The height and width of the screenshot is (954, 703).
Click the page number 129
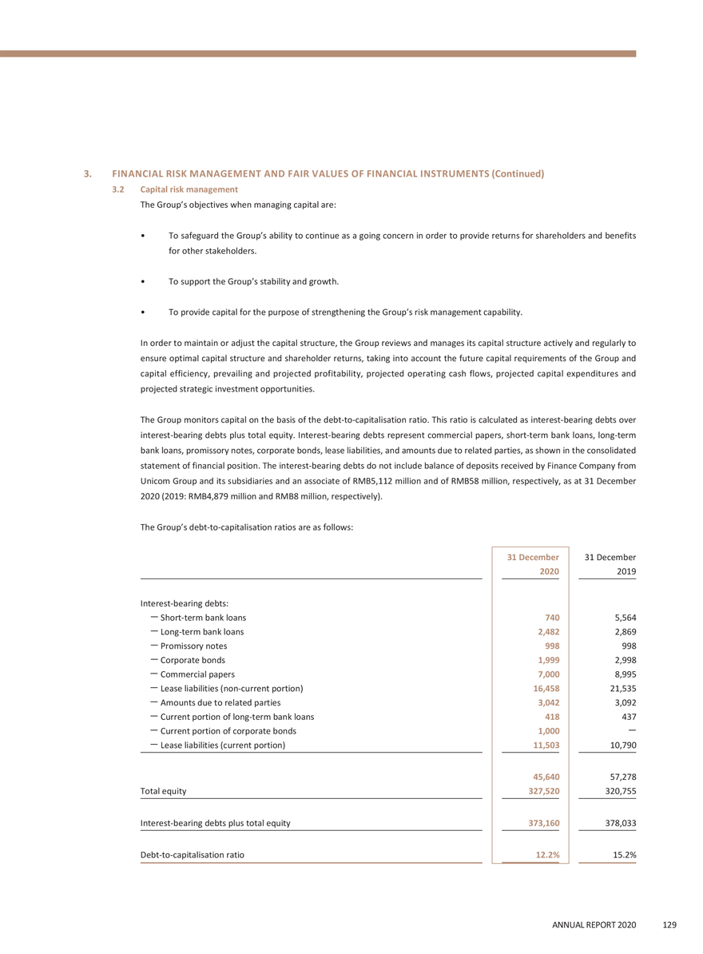(669, 925)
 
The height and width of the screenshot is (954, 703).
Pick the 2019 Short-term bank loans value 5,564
(621, 618)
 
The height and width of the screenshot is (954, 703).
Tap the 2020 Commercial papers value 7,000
(546, 675)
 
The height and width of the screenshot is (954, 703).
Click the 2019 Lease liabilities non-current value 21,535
(618, 688)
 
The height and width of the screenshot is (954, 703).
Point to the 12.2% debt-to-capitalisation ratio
(546, 855)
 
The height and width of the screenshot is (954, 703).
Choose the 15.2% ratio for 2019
(623, 855)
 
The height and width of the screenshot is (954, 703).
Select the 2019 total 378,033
(617, 823)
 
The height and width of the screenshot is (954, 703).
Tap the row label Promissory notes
(193, 646)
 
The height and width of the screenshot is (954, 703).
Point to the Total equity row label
(164, 791)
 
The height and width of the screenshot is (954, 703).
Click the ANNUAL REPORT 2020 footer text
(594, 925)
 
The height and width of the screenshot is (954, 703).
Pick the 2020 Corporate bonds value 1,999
(546, 661)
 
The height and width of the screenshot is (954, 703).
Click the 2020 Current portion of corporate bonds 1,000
(546, 731)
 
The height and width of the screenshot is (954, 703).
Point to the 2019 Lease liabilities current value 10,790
(618, 745)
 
